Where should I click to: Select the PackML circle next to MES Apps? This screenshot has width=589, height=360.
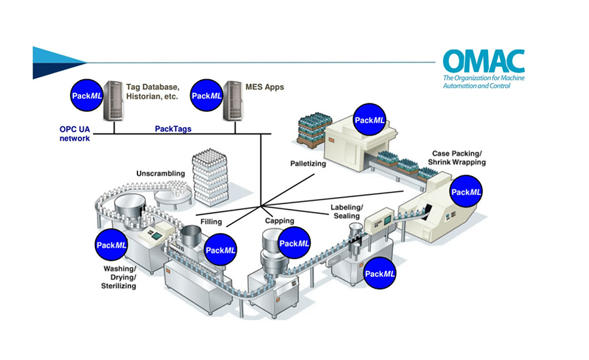tap(205, 96)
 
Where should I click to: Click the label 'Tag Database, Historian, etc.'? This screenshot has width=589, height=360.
tap(152, 91)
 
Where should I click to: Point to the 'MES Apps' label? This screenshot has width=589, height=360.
tap(264, 86)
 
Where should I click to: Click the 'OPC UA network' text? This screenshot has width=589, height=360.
tap(73, 134)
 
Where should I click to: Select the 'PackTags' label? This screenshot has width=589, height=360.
tap(173, 129)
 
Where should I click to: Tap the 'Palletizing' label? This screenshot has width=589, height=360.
tap(308, 163)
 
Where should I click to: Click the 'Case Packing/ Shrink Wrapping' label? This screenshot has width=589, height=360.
tap(457, 157)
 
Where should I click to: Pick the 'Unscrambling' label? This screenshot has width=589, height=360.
tap(160, 173)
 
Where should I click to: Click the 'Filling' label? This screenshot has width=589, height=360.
tap(211, 221)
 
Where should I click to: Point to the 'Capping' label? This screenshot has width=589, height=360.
tap(279, 221)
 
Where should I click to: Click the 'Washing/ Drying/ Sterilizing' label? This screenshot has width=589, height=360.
tap(118, 277)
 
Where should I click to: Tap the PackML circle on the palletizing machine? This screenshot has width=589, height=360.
tap(370, 120)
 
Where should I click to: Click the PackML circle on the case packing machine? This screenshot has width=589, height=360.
tap(467, 192)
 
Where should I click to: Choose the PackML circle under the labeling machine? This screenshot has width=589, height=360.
tap(380, 274)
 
